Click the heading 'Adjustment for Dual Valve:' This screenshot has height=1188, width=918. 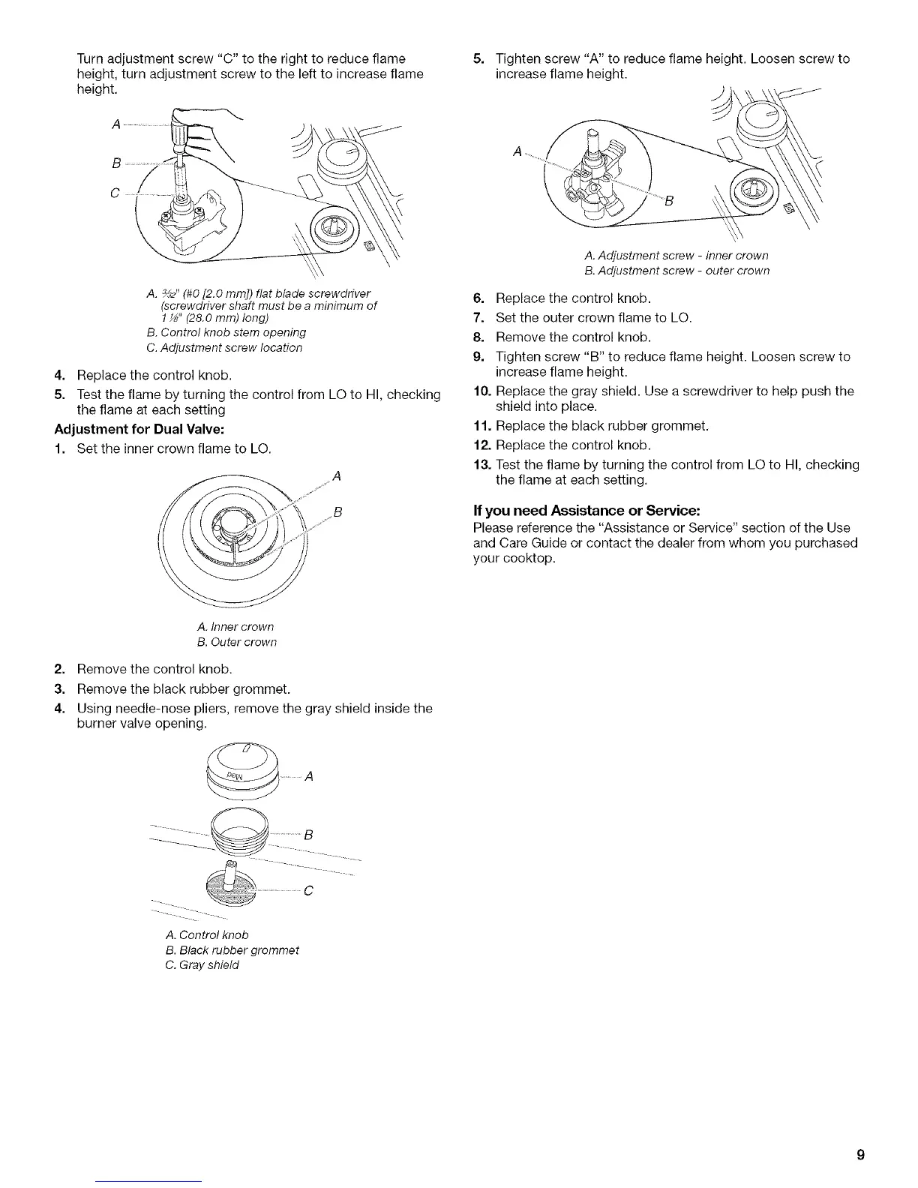click(139, 430)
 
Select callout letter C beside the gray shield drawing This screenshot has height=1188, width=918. click(308, 891)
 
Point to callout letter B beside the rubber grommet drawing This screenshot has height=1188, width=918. click(308, 834)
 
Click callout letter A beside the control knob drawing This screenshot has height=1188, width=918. click(308, 777)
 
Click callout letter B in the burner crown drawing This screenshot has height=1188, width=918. click(337, 512)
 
